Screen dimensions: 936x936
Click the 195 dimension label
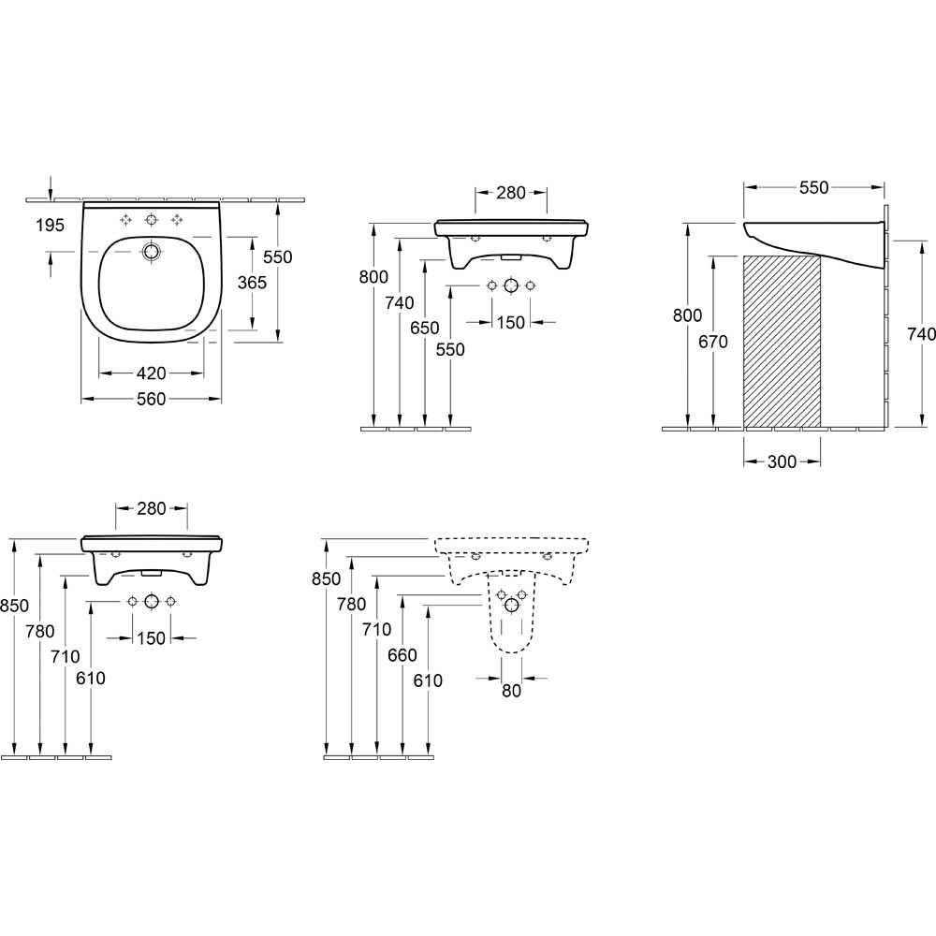pos(50,225)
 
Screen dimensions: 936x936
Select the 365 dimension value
pos(252,283)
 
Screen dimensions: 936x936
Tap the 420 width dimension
pos(151,373)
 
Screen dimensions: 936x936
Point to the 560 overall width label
pos(151,399)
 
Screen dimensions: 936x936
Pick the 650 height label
pos(424,328)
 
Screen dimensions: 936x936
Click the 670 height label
pos(713,342)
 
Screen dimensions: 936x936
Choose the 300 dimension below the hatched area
pos(782,461)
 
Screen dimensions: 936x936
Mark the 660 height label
pos(402,655)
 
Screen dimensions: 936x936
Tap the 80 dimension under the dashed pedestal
pos(512,691)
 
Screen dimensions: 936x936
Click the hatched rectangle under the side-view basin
pos(782,342)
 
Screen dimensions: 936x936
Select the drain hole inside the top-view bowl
pos(152,251)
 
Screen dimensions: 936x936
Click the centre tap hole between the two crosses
pos(152,220)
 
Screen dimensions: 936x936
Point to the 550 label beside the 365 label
pos(278,256)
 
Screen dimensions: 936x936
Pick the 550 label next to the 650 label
pos(450,349)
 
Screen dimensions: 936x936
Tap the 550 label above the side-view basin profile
pos(814,187)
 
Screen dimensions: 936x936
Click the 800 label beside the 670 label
pos(687,314)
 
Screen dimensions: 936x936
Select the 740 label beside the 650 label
pos(400,303)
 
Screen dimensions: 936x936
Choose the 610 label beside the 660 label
pos(428,680)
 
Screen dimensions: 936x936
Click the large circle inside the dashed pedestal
pos(512,606)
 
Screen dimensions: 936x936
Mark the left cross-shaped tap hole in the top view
pos(126,220)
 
